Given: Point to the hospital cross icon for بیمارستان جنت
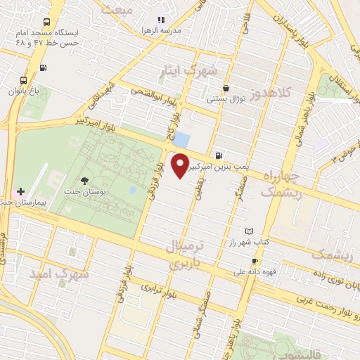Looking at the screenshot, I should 20,191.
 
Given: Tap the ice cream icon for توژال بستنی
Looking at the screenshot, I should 226,89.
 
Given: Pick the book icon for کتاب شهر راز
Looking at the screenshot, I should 248,231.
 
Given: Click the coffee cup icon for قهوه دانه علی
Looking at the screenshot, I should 255,261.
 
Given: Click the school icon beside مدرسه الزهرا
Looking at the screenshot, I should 161,20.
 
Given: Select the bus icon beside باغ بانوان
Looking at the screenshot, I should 23,80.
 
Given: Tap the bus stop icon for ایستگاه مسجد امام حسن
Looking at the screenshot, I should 47,22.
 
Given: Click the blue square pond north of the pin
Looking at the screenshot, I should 181,139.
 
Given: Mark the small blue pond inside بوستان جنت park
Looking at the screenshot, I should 132,190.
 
